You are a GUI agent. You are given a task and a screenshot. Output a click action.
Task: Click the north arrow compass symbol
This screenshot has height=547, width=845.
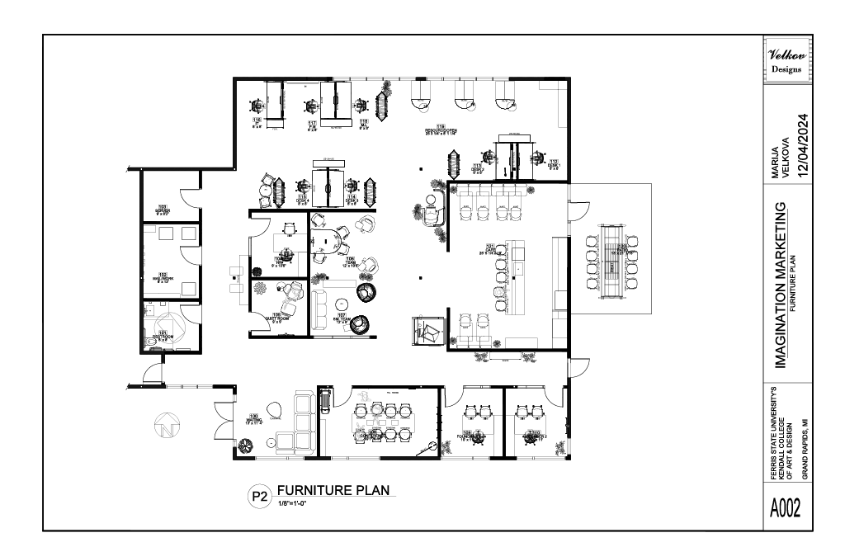click(167, 427)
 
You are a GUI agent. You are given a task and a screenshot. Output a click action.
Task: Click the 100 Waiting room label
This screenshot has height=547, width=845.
click(254, 419)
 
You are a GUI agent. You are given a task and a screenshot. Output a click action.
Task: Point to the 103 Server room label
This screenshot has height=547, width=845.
click(163, 210)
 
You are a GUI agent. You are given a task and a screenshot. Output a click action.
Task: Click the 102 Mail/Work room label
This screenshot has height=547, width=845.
click(163, 276)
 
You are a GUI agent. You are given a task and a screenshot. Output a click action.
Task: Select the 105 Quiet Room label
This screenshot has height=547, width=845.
click(276, 317)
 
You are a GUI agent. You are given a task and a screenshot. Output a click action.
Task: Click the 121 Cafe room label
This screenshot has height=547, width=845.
click(493, 248)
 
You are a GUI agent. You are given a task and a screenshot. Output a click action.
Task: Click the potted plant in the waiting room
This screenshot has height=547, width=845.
click(246, 445)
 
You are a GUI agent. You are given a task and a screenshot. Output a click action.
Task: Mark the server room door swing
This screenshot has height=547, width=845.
click(188, 198)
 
